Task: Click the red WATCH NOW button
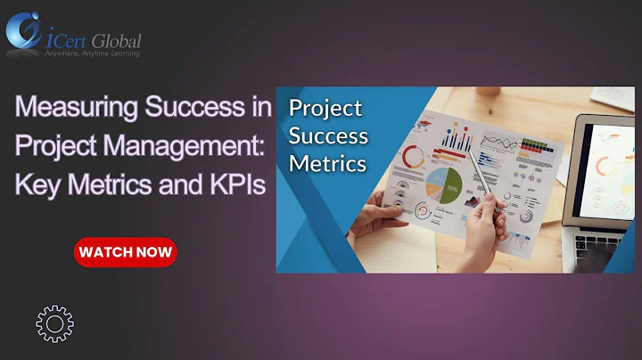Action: coord(125,252)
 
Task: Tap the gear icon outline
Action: coord(55,323)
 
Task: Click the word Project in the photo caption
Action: coord(325,109)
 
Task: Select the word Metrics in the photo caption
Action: coord(326,164)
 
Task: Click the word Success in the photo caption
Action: coord(328,136)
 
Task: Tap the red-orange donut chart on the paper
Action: coord(413,157)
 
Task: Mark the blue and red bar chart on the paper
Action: coord(457,138)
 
